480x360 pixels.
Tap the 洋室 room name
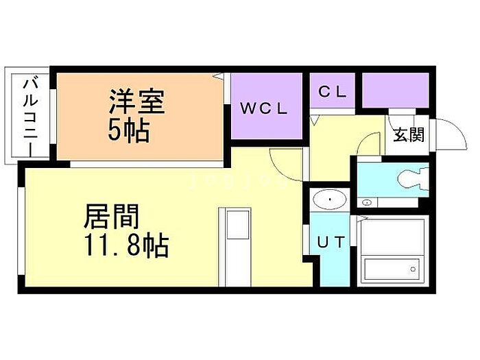pyautogui.click(x=136, y=102)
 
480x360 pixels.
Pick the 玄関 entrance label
pyautogui.click(x=408, y=134)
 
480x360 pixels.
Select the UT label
pyautogui.click(x=330, y=241)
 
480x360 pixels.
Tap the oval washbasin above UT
pyautogui.click(x=330, y=200)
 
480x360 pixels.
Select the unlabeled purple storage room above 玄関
pyautogui.click(x=397, y=89)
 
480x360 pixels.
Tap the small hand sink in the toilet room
pyautogui.click(x=368, y=202)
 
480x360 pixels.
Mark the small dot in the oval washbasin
pyautogui.click(x=330, y=200)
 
